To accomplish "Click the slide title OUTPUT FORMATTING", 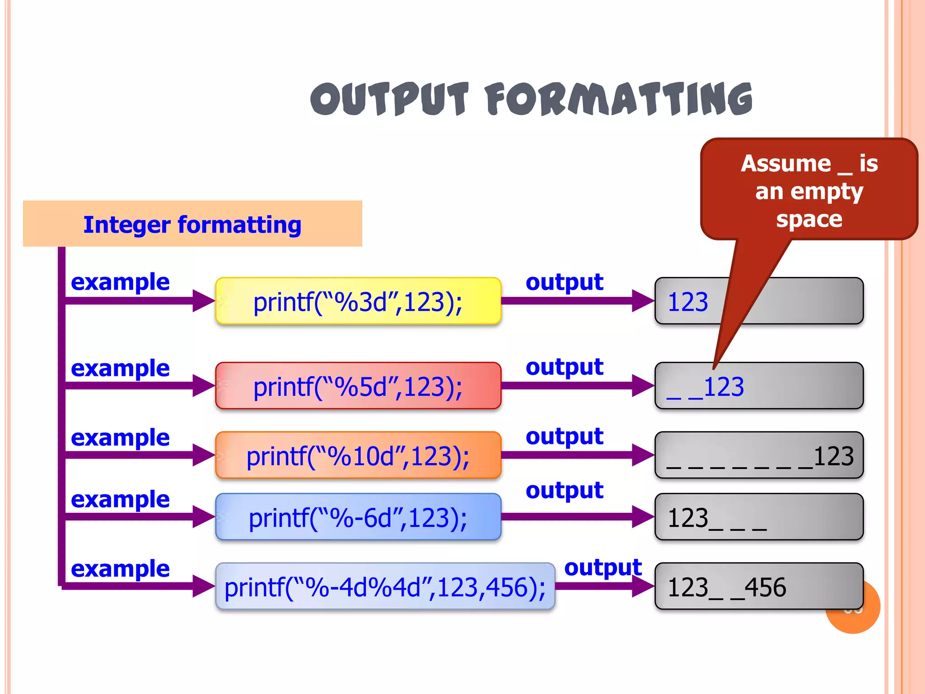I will pyautogui.click(x=531, y=99).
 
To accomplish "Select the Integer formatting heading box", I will pyautogui.click(x=192, y=224).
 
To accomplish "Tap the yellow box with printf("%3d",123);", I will pyautogui.click(x=358, y=301).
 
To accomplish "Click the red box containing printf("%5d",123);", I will pyautogui.click(x=358, y=386).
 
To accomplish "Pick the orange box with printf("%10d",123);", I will pyautogui.click(x=358, y=455).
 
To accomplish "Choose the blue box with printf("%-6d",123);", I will pyautogui.click(x=358, y=517).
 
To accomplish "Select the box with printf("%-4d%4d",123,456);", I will pyautogui.click(x=385, y=587).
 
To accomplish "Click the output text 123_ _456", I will pyautogui.click(x=726, y=587).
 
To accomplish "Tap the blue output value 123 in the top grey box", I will pyautogui.click(x=687, y=302).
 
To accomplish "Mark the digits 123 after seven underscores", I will pyautogui.click(x=833, y=456).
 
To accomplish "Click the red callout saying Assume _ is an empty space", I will pyautogui.click(x=809, y=190).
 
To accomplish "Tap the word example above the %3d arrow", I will pyautogui.click(x=120, y=282).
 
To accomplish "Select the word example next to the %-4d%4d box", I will pyautogui.click(x=120, y=568).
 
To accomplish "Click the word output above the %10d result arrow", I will pyautogui.click(x=564, y=436).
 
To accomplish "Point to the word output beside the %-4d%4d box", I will pyautogui.click(x=603, y=567).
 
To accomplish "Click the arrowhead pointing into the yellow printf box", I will pyautogui.click(x=203, y=301).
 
